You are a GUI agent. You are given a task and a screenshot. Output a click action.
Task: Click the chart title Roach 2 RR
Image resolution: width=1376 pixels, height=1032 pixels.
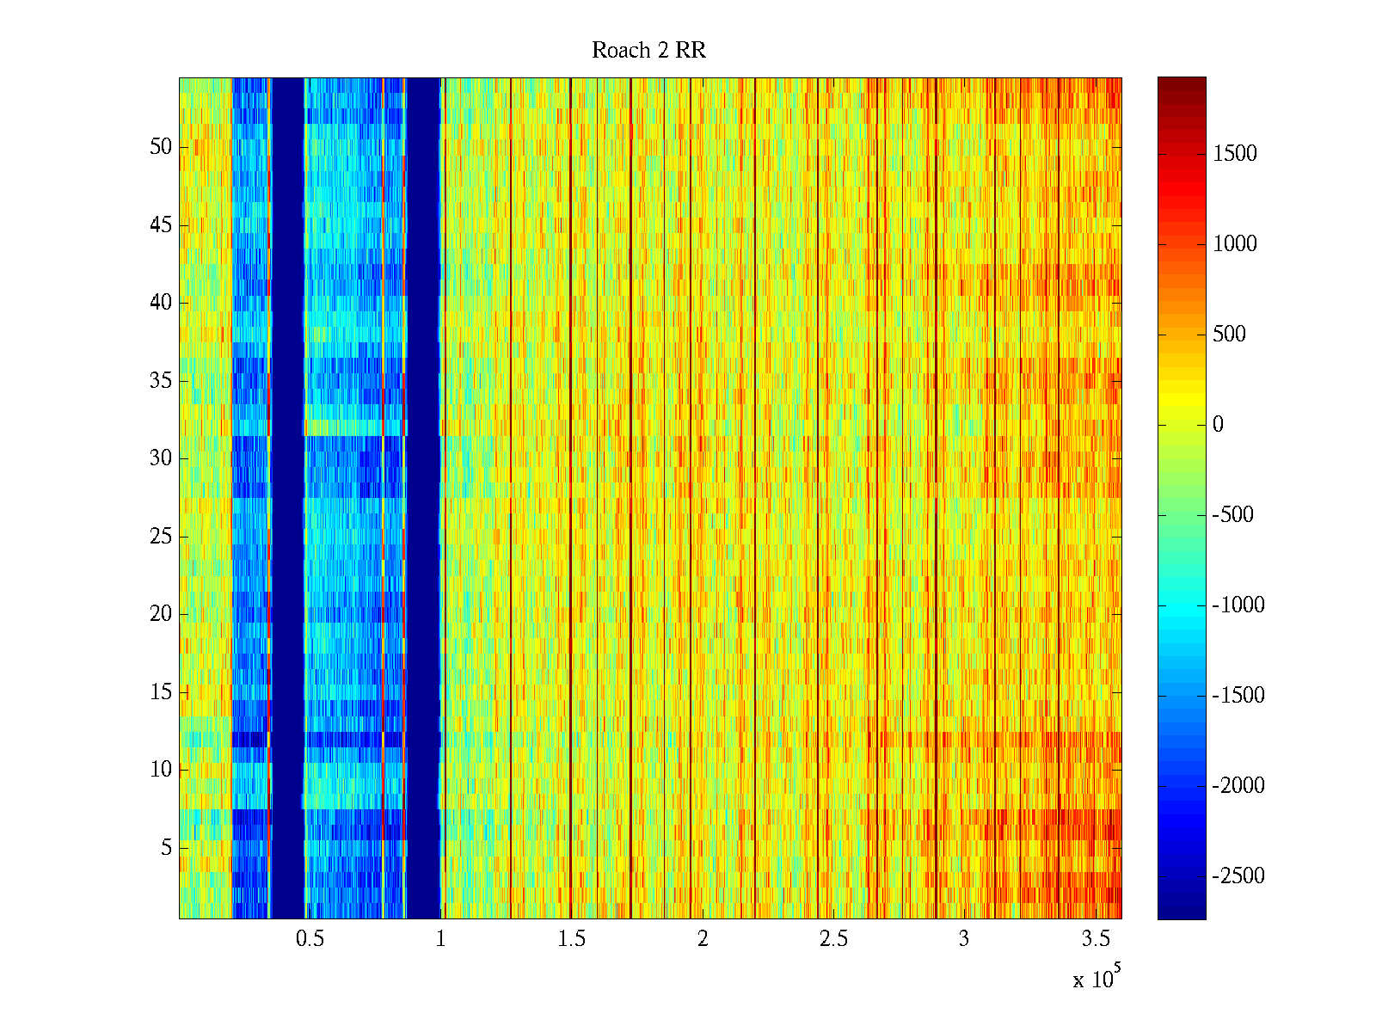point(648,51)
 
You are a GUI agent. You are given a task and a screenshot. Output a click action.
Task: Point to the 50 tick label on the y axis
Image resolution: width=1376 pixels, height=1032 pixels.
point(161,147)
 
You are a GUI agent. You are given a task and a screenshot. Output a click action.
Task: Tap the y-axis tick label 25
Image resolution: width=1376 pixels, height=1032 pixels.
point(161,537)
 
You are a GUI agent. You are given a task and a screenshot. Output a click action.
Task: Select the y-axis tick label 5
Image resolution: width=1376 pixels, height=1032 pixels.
point(166,848)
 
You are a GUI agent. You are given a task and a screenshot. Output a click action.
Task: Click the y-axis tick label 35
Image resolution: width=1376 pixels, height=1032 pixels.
point(161,381)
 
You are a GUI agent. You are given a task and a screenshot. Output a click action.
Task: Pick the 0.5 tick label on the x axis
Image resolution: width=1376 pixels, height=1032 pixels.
point(310,939)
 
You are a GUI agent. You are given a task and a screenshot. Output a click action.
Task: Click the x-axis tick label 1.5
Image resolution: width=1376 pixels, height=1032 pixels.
point(571,939)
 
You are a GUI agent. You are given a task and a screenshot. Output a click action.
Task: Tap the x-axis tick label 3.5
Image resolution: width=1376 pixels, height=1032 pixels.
point(1095,939)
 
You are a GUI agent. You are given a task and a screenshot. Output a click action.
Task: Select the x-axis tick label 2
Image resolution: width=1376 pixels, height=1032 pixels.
point(703,939)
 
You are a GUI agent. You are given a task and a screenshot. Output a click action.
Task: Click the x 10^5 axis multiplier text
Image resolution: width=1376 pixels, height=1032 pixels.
point(1096,978)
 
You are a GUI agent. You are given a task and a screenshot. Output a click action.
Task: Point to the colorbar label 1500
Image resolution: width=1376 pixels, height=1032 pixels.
point(1235,154)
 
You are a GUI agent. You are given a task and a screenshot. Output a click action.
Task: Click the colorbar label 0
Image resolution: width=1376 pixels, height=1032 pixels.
point(1218,425)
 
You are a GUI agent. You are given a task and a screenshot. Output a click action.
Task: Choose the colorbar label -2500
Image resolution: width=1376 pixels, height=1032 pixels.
point(1238,876)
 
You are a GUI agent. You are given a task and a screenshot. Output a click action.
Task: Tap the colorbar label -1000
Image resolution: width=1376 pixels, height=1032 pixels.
point(1238,605)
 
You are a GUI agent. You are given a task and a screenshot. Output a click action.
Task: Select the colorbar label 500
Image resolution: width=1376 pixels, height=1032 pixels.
point(1229,335)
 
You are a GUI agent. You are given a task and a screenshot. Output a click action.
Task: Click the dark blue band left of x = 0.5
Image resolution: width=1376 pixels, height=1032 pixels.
point(288,499)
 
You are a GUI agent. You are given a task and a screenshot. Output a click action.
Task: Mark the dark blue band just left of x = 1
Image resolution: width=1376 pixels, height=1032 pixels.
point(423,499)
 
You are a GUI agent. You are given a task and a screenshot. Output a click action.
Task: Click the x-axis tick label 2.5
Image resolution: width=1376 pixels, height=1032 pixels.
point(833,939)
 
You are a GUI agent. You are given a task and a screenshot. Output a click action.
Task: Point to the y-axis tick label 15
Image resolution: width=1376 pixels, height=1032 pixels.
point(161,692)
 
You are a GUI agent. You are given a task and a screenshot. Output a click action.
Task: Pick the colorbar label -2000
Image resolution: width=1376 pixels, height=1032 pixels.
point(1238,786)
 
